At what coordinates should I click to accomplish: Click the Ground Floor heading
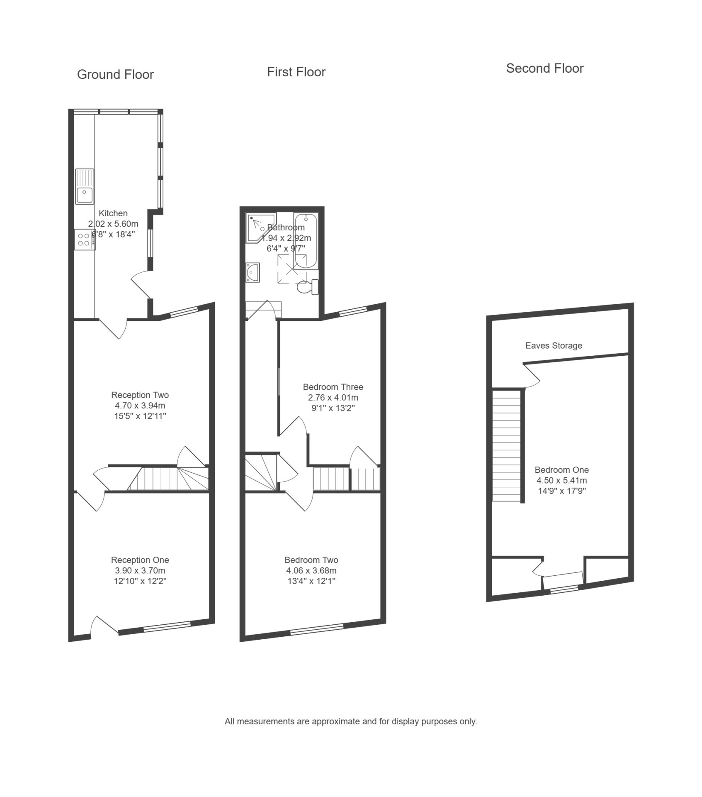click(115, 75)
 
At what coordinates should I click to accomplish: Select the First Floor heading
click(296, 72)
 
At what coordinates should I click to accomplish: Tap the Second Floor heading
click(544, 68)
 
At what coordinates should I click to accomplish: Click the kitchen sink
click(85, 186)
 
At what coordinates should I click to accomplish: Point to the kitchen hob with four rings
click(85, 240)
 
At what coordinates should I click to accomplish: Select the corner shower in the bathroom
click(260, 227)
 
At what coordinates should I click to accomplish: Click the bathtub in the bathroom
click(306, 241)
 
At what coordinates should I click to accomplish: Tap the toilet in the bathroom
click(308, 287)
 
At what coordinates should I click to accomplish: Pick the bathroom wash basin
click(253, 272)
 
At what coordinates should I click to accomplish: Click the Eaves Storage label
click(554, 345)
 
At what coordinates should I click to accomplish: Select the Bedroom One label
click(561, 470)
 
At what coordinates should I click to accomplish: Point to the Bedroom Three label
click(333, 387)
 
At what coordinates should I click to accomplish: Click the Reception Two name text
click(140, 395)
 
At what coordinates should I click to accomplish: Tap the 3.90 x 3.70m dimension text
click(140, 571)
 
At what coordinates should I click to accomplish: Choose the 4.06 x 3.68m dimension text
click(311, 571)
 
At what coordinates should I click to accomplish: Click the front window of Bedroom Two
click(317, 630)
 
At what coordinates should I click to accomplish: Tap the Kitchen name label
click(113, 213)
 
